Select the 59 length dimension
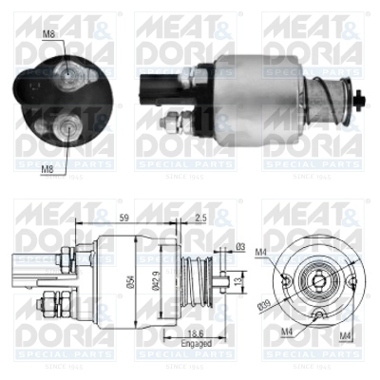coord(123,217)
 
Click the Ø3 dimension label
coord(241,248)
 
